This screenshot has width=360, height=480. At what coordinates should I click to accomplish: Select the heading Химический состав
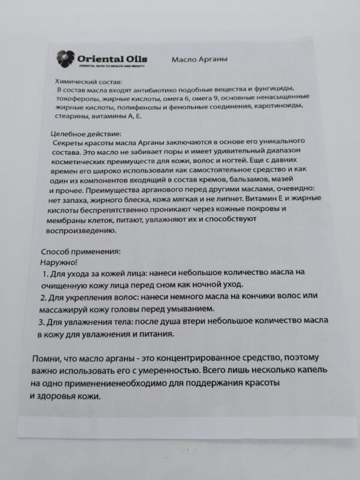(88, 81)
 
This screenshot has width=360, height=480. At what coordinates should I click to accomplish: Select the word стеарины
(71, 116)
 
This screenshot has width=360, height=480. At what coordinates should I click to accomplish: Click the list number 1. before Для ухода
(46, 274)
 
